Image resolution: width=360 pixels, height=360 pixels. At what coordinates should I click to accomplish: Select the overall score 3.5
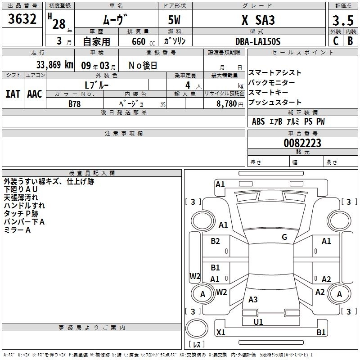pos(342,21)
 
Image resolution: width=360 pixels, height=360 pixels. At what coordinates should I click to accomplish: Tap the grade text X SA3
pos(258,21)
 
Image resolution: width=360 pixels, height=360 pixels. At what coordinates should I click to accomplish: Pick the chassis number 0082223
pos(302,143)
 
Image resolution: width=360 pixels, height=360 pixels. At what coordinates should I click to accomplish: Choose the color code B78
pos(75,104)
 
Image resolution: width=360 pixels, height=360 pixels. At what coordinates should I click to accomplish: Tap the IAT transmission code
pos(12,94)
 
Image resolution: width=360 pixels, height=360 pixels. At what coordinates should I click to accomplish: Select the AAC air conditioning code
pos(34,94)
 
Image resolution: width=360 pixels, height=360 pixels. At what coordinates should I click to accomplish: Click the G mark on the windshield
pos(284,237)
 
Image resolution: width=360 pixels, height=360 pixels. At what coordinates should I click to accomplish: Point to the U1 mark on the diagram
pos(258,322)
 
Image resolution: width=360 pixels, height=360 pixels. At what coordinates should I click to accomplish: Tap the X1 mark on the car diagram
pos(221,332)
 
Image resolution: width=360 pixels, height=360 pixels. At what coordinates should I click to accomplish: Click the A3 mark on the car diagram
pos(253,300)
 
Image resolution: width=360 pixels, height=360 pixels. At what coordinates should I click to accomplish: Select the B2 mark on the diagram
pos(216,241)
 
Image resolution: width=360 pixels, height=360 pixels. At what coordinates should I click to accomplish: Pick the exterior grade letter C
pos(336,41)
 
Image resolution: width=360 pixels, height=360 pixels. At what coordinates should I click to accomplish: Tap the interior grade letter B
pos(351,41)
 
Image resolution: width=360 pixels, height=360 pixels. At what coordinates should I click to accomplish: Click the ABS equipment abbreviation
pos(258,121)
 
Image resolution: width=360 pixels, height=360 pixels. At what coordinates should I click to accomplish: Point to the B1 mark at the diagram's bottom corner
pos(321,333)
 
